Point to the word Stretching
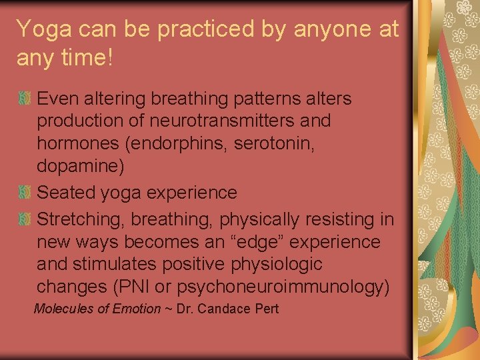tap(81, 219)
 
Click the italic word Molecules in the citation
tap(64, 309)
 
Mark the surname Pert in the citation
tap(267, 309)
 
